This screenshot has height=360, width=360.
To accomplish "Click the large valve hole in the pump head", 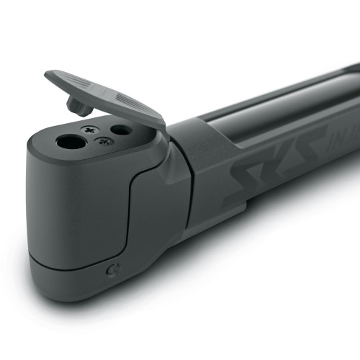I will coord(71,141).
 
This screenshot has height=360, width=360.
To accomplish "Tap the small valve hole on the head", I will coord(120,130).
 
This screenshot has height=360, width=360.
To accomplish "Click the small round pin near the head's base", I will coord(112,271).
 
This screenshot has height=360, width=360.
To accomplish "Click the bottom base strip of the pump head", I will coord(72,277).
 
